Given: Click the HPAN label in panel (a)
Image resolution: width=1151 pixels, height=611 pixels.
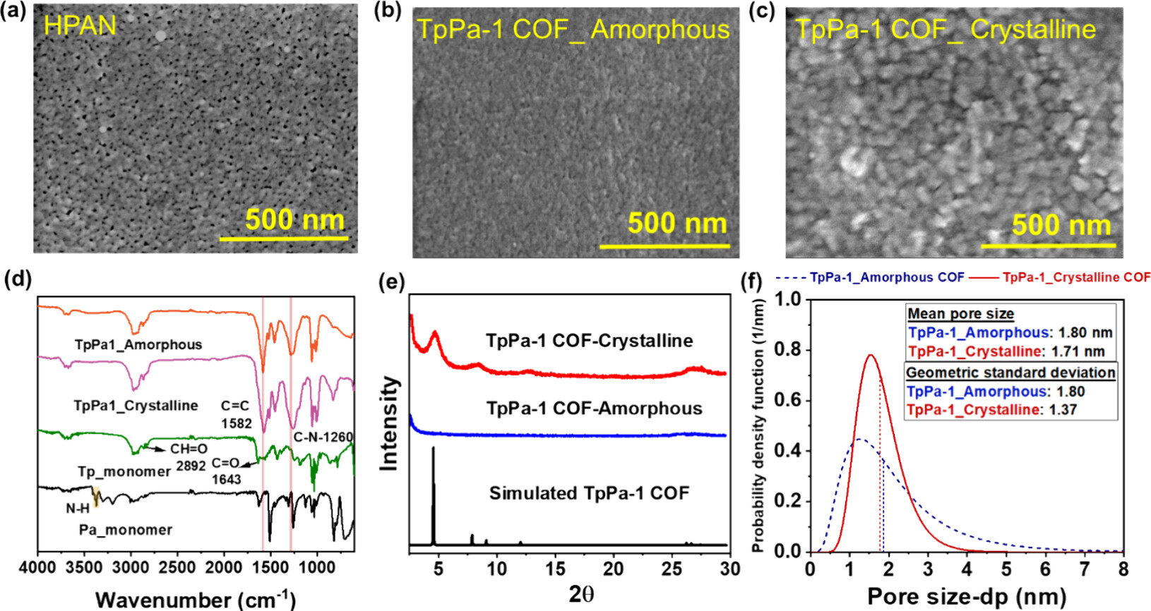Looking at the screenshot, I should tap(80, 25).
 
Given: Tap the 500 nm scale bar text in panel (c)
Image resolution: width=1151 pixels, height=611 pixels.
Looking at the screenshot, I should tap(1061, 225).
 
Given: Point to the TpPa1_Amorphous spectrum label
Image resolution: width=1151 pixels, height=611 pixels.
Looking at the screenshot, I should tap(138, 345).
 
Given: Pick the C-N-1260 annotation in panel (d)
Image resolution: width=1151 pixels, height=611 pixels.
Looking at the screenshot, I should tap(323, 437).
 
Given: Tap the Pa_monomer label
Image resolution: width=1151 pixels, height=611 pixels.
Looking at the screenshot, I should tap(126, 530).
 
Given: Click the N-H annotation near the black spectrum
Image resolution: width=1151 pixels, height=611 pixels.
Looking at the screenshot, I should tap(78, 508).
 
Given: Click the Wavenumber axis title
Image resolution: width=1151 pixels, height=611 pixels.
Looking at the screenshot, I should tap(196, 599).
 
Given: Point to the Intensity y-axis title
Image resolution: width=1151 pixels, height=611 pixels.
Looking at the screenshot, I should tap(389, 423).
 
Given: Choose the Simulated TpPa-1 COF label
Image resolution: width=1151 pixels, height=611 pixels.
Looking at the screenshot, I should tap(589, 493).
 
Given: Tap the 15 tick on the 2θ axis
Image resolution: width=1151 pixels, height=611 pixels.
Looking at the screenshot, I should tap(555, 569).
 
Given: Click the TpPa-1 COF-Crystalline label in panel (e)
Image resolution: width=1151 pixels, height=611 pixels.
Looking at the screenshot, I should tap(589, 341).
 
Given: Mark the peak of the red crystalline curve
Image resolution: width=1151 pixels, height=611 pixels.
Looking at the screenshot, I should tap(871, 355).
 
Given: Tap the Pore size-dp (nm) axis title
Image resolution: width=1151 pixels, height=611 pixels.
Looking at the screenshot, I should tap(967, 597).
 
